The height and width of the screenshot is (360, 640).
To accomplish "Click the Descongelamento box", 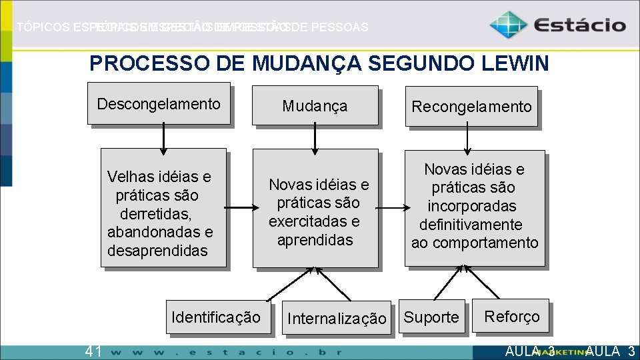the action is pos(159,103).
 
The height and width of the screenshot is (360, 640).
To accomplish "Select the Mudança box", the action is pos(315,105).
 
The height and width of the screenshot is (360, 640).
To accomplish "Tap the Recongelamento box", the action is pos(471,106).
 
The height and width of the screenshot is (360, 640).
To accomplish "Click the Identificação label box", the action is pos(216,317).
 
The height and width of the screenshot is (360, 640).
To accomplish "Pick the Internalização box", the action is pos(336,319).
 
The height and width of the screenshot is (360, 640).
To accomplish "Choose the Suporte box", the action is pos(431,317).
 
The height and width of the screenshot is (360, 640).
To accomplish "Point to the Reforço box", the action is pos(511,316).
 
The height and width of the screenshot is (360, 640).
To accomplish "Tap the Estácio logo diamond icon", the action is pos(508,25).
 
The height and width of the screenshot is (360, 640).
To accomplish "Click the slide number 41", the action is pos(93,351).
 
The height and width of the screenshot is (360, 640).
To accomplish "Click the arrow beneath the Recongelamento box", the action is pos(468,138).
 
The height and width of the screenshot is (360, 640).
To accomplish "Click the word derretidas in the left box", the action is pos(156,214).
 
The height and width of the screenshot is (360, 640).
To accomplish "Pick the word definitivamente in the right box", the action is pos(471,225).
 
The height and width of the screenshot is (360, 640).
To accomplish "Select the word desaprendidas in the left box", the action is pos(157,251).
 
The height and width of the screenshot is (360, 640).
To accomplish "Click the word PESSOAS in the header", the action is pos(339,27).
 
